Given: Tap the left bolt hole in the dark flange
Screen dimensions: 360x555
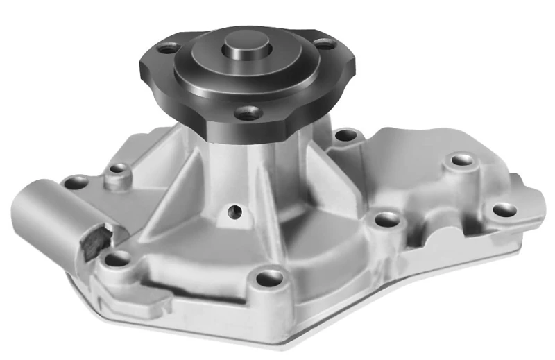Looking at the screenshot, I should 166,49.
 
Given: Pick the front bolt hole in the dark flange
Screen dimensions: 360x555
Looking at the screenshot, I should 247,112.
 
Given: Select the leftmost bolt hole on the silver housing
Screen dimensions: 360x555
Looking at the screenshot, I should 75,182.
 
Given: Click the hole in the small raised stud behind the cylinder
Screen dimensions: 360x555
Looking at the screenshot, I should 120,169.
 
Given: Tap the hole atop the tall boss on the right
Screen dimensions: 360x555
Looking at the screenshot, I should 461,161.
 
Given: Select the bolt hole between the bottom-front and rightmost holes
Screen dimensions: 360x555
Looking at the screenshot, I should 386,220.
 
